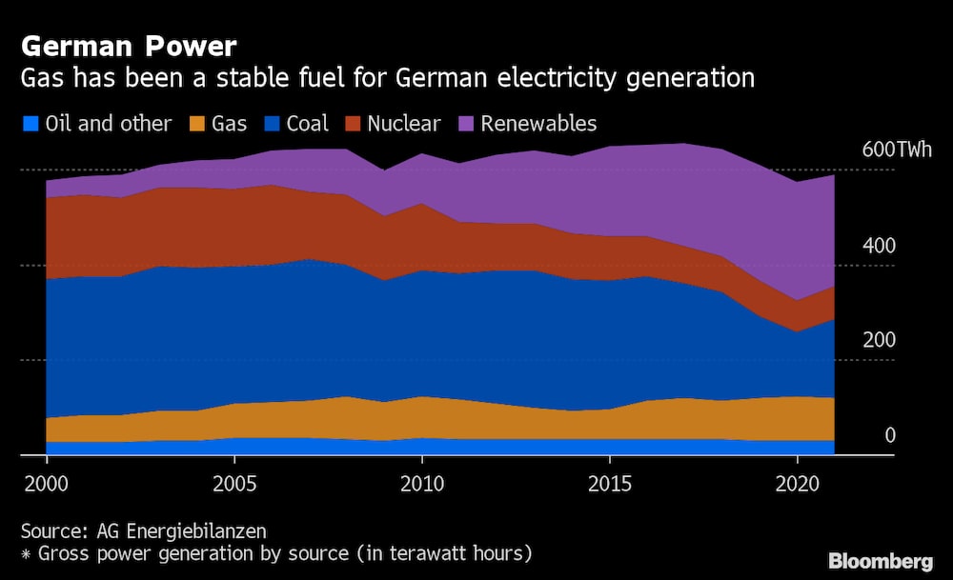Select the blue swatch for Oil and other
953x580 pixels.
30,124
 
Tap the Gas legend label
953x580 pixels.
230,124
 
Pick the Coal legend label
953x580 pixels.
307,124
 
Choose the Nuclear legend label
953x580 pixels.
404,124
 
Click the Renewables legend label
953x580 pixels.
538,124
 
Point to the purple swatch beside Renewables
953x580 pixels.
467,124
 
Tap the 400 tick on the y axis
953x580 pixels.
878,246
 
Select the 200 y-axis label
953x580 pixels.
878,341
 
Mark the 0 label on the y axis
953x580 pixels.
890,436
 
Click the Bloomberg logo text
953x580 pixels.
879,560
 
